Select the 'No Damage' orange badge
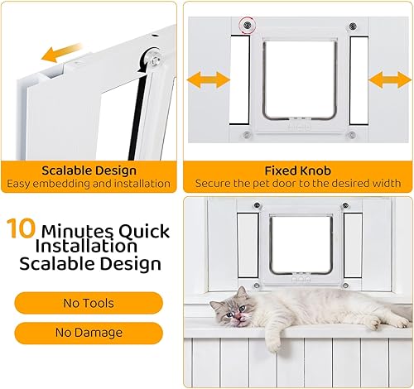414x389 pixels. [89, 334]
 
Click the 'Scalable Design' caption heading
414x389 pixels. [89, 170]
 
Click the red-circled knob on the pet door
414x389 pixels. [246, 26]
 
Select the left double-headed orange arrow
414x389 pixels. [207, 79]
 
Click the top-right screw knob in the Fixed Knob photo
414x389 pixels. [352, 26]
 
